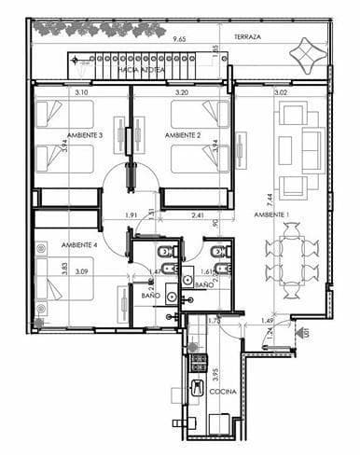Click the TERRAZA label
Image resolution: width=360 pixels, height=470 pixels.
point(247,37)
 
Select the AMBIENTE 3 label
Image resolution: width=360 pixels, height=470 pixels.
point(82,136)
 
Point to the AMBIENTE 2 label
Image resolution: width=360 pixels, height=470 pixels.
point(183,136)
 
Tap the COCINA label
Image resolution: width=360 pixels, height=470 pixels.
point(223,419)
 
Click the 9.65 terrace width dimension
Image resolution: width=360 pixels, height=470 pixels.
point(178,40)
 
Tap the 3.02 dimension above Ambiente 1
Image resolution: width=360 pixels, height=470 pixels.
point(280,92)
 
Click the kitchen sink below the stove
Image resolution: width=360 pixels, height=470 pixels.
point(197,391)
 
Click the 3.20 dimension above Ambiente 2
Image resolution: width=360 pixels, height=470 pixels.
point(182,92)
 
